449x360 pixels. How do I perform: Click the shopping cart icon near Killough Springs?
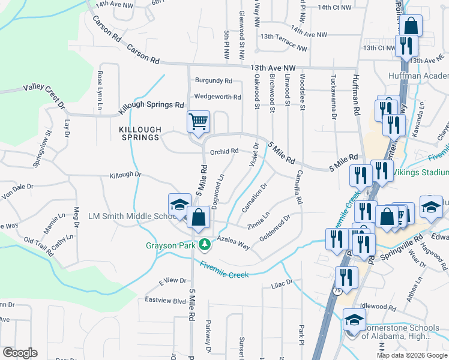pyautogui.click(x=198, y=122)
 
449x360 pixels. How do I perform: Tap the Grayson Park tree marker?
pyautogui.click(x=205, y=245)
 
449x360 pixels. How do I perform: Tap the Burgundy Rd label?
pyautogui.click(x=213, y=80)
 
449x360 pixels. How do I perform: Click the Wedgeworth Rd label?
pyautogui.click(x=217, y=97)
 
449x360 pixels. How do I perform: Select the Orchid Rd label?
pyautogui.click(x=224, y=151)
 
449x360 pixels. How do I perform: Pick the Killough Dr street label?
pyautogui.click(x=125, y=175)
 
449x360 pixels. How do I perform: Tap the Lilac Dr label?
pyautogui.click(x=281, y=282)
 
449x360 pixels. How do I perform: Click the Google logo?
pyautogui.click(x=20, y=353)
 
